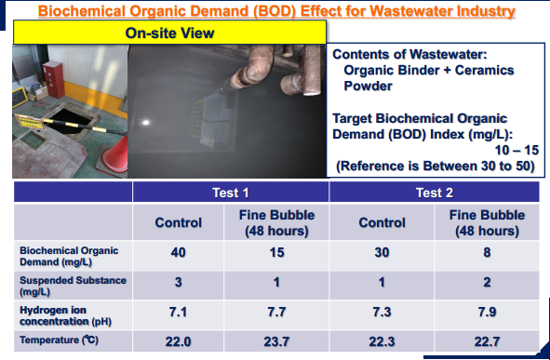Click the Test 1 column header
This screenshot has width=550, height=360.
point(231,193)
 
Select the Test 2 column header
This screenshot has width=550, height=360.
point(435,193)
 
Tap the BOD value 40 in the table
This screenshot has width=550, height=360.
point(178,252)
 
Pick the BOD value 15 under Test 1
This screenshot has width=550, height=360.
point(276,252)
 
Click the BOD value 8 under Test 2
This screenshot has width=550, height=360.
point(487,252)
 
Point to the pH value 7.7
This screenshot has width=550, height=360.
point(276,312)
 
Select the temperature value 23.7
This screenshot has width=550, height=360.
point(276,341)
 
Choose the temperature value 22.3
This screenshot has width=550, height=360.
point(382,341)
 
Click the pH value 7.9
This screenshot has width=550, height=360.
point(487,312)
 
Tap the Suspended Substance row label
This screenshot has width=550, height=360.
point(73,286)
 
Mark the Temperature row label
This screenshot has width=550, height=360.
point(59,340)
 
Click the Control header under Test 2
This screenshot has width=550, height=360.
point(382,222)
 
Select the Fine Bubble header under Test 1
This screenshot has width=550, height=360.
point(276,222)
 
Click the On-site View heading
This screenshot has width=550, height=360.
point(169,33)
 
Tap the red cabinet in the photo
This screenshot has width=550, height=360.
point(53,79)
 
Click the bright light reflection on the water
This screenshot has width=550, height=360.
point(145,123)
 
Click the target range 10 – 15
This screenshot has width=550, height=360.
point(516,150)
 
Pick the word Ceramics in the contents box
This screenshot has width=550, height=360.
point(485,70)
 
